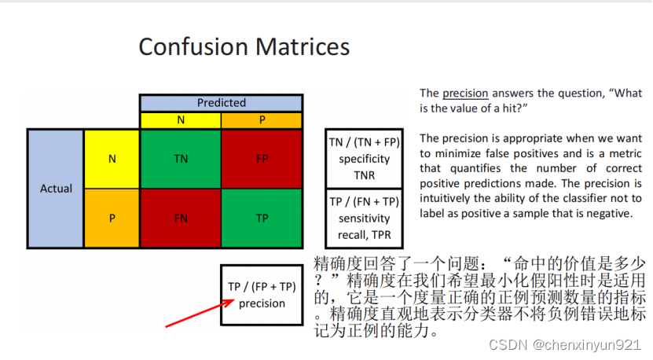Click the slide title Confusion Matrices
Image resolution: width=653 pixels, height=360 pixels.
[244, 46]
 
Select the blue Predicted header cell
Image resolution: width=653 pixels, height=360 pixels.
[221, 103]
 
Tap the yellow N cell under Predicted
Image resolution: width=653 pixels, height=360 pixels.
[181, 120]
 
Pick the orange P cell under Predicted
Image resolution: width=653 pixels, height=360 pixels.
[262, 120]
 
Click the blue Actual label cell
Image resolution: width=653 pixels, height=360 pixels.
[56, 189]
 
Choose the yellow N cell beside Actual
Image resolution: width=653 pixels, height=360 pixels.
[112, 159]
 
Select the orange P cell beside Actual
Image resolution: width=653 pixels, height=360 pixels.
[112, 219]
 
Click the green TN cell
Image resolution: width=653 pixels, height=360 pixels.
[181, 159]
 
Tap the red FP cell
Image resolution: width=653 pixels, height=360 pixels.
[262, 159]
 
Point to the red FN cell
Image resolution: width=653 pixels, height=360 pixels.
[181, 219]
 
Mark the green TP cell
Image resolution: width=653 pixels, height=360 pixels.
[262, 219]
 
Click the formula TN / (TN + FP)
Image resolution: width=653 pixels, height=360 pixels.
[365, 142]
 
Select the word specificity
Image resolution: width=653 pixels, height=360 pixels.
[365, 159]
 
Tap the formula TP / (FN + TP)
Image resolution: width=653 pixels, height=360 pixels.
[365, 202]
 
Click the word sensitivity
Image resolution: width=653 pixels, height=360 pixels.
[365, 219]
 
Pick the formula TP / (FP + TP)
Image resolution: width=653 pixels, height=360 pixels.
[262, 287]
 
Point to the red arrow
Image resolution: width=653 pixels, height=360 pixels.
[200, 314]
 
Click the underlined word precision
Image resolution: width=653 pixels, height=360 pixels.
[465, 94]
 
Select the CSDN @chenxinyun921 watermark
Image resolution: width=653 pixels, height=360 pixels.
[564, 345]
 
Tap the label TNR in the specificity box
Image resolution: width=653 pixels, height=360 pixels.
[365, 175]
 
